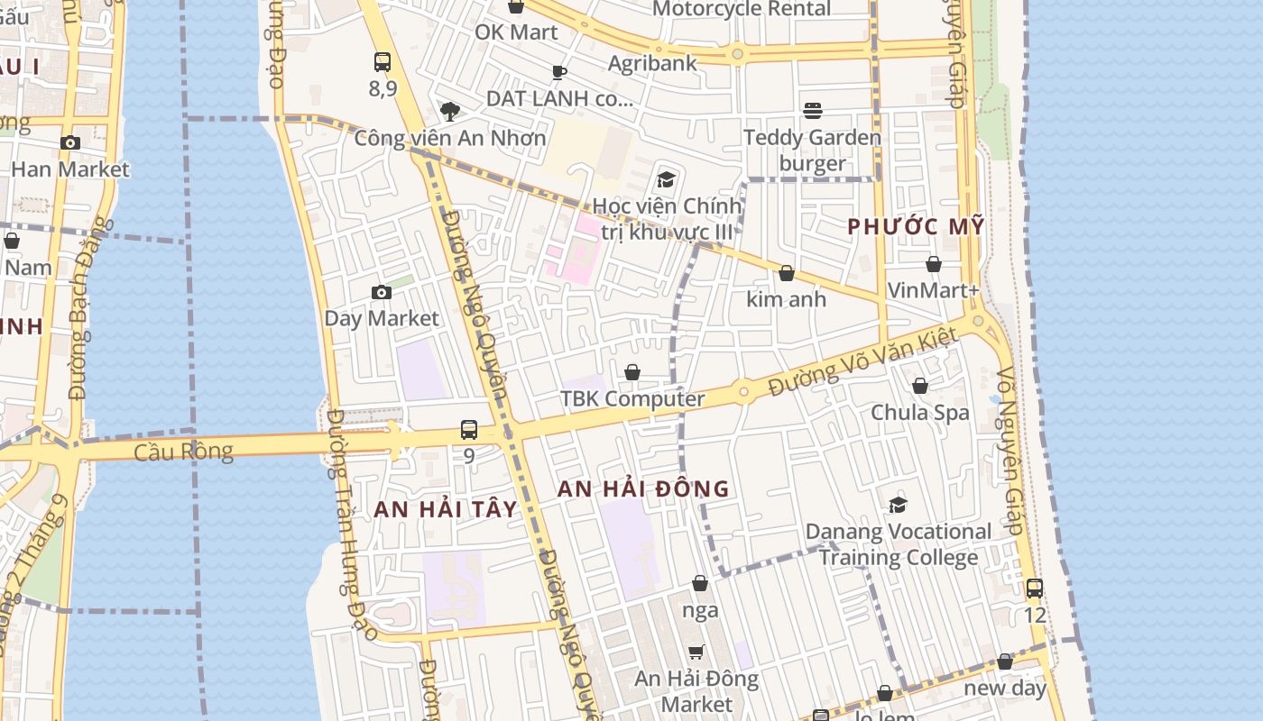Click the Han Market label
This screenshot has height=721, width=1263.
(70, 169)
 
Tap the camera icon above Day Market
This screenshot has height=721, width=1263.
(382, 292)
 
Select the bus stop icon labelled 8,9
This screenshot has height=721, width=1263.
(383, 62)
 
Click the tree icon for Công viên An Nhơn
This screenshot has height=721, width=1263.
(449, 112)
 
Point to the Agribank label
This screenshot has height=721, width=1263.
(652, 63)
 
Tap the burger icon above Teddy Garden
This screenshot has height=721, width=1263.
(813, 111)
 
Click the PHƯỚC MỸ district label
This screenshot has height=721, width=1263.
(916, 227)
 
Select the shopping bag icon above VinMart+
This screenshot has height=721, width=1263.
(934, 264)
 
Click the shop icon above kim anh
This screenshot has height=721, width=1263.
(787, 273)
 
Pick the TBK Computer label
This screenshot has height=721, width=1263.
(632, 398)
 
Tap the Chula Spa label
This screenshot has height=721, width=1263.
(920, 412)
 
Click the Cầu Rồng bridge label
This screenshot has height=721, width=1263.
(183, 452)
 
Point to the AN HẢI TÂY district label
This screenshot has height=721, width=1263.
(446, 509)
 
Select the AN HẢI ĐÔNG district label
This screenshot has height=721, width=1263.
(642, 489)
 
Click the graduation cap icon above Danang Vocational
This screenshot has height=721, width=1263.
(898, 505)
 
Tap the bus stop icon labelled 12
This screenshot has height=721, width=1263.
(1035, 589)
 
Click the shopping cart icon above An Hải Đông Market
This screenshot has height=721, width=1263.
(696, 652)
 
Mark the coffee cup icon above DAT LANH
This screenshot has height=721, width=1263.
(559, 72)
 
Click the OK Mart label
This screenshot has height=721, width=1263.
(516, 32)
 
